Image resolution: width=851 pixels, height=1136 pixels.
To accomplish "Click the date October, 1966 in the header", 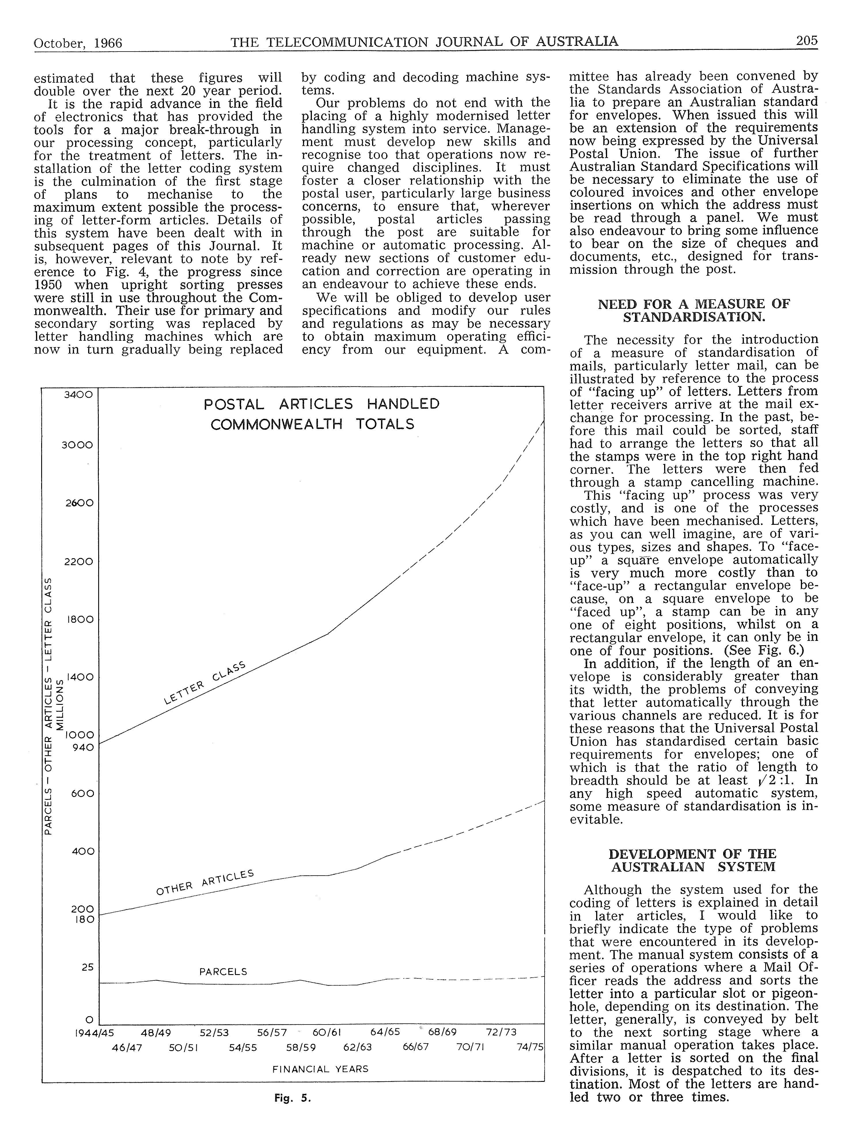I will (x=78, y=43).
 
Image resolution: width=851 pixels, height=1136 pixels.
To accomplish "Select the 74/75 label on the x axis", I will (x=530, y=1047).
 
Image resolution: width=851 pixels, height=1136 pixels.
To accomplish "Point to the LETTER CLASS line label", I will (x=204, y=683).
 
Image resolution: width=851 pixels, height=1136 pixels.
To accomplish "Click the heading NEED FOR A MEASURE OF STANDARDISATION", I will (x=694, y=310).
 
